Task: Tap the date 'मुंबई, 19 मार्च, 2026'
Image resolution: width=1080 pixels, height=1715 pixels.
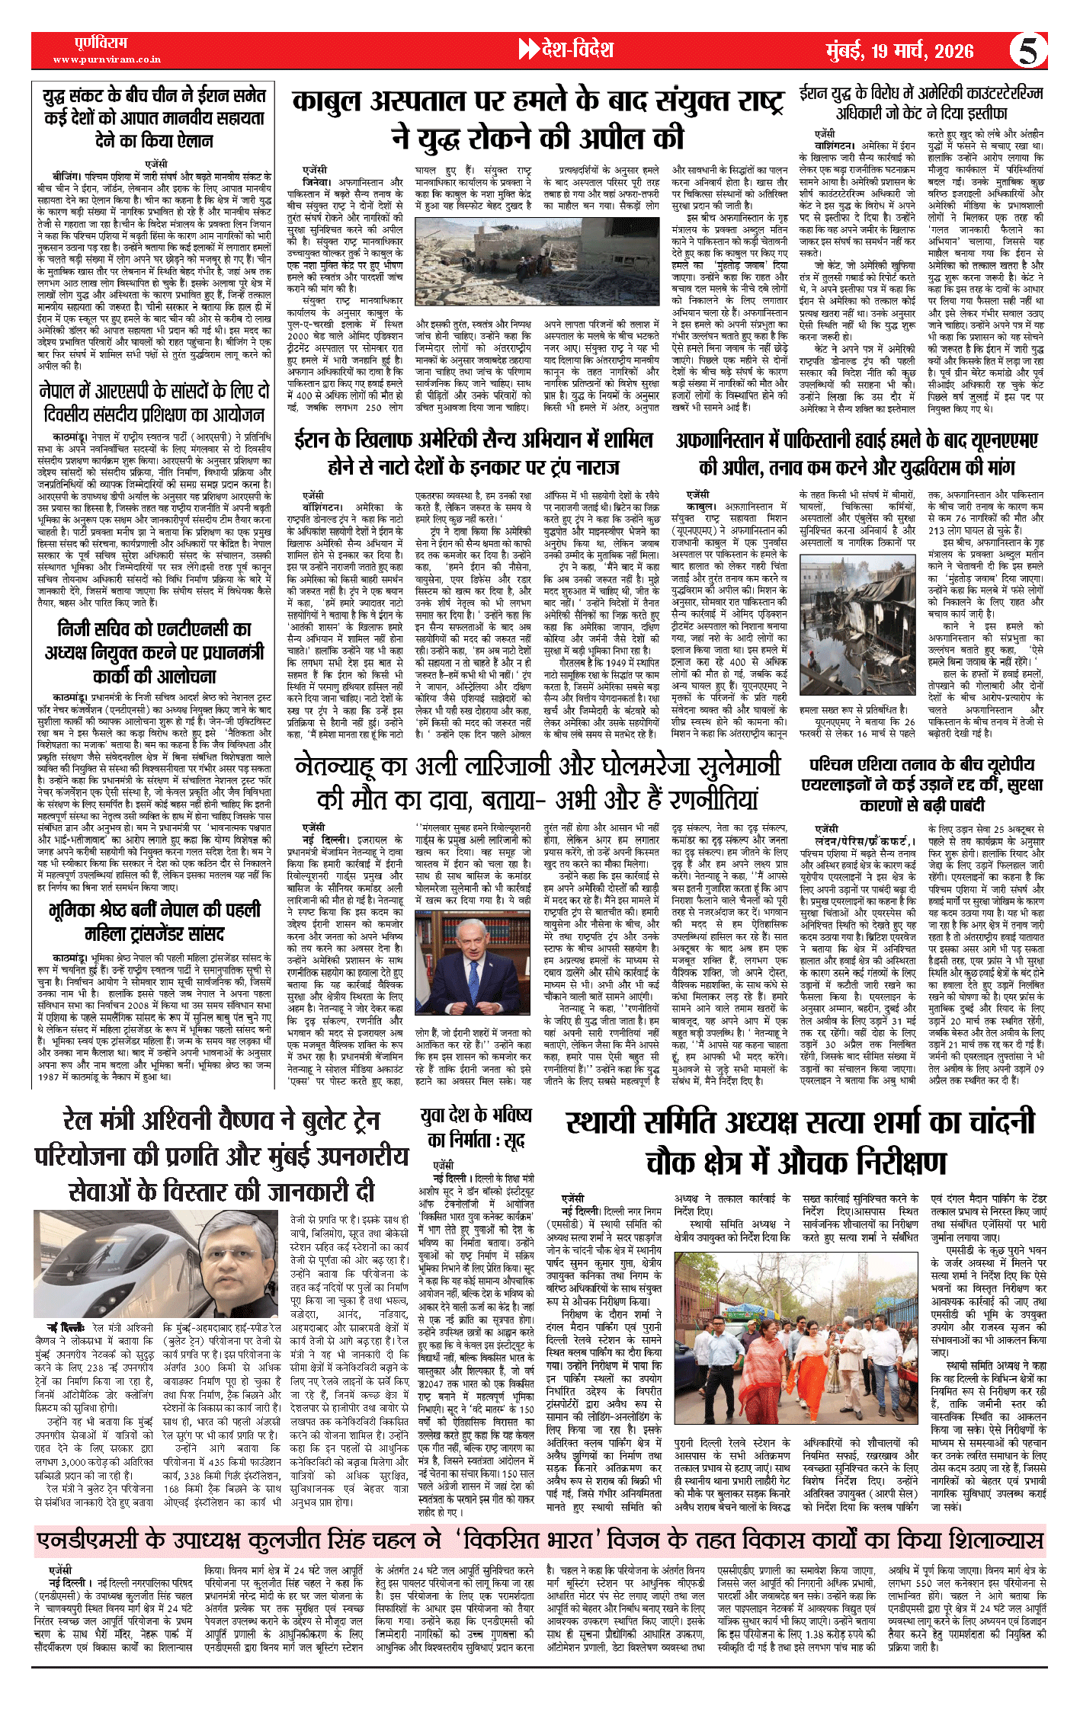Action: click(899, 51)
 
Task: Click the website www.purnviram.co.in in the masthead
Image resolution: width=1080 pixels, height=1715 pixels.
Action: click(107, 59)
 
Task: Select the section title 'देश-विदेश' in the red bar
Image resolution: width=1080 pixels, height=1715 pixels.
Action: click(577, 50)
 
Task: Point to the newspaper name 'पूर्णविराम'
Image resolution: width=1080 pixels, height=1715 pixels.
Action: click(101, 43)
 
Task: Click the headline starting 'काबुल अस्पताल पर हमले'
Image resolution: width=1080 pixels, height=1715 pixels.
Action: click(537, 119)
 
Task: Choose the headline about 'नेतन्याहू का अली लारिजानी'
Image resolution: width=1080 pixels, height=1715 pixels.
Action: click(537, 782)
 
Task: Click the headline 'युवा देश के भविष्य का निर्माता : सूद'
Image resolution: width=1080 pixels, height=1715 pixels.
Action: click(476, 1128)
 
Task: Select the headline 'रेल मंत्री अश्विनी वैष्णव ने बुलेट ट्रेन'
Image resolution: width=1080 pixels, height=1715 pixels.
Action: click(221, 1154)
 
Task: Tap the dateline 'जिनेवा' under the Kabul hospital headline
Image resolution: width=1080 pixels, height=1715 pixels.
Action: click(317, 182)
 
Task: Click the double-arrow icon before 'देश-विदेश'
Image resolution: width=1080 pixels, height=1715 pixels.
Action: click(527, 50)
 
